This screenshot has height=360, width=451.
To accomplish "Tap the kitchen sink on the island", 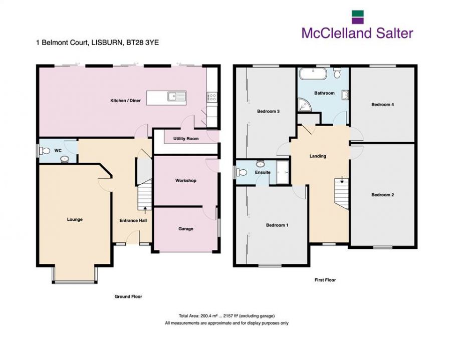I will [176, 96].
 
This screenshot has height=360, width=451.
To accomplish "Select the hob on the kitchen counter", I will [211, 98].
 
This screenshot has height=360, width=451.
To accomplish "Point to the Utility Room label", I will [186, 138].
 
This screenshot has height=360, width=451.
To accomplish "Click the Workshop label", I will [185, 180].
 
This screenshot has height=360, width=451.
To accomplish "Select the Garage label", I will [186, 229].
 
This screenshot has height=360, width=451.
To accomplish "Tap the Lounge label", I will [75, 219].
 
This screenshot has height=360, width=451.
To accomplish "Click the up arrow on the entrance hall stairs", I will [145, 210].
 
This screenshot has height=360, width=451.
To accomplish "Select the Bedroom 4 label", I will [382, 105].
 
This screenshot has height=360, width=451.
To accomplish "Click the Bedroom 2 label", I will [382, 195].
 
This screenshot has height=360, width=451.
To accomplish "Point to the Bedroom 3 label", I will [268, 111].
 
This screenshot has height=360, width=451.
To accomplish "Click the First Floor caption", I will [326, 280].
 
